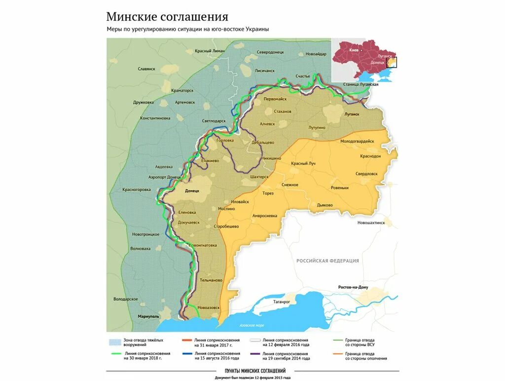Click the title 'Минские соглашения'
(167, 17)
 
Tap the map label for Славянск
(146, 69)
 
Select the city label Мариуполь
(148, 316)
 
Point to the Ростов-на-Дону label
(354, 287)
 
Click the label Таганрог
(275, 300)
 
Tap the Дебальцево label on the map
(262, 142)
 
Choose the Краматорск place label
(182, 91)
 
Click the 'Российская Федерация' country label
(327, 261)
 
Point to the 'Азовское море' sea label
(252, 326)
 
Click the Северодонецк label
(270, 52)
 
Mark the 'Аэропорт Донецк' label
(165, 177)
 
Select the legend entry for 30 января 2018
(147, 356)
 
